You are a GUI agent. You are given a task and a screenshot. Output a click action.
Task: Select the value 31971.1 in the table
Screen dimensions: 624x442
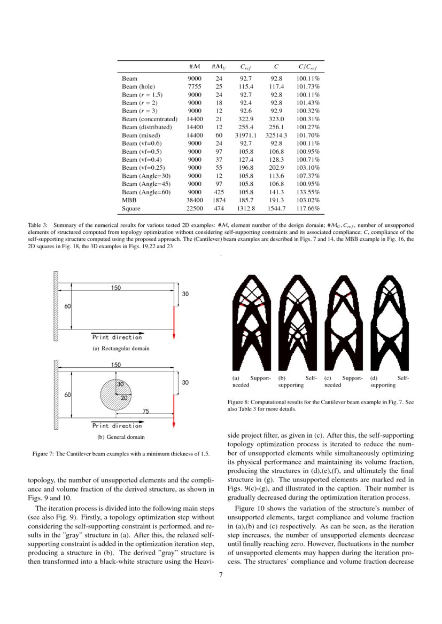246,136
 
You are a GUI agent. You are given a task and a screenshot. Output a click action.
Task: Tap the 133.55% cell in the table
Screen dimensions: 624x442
308,192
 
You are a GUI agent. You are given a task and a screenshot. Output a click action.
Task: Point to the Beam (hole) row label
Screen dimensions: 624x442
138,86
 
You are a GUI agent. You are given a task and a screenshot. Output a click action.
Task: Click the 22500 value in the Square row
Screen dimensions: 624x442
195,209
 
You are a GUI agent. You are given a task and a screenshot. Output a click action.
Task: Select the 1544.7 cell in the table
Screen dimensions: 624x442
276,209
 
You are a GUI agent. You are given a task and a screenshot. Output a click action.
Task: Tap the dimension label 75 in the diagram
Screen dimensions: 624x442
145,411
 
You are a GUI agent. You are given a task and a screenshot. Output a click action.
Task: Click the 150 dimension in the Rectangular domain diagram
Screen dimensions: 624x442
116,288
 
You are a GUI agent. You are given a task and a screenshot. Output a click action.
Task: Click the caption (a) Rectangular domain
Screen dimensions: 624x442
121,349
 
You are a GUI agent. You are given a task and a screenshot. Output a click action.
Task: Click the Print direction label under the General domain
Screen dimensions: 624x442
118,426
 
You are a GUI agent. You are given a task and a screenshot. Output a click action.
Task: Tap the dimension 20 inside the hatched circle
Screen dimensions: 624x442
124,398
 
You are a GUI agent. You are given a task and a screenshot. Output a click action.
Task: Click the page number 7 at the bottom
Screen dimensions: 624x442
221,574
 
